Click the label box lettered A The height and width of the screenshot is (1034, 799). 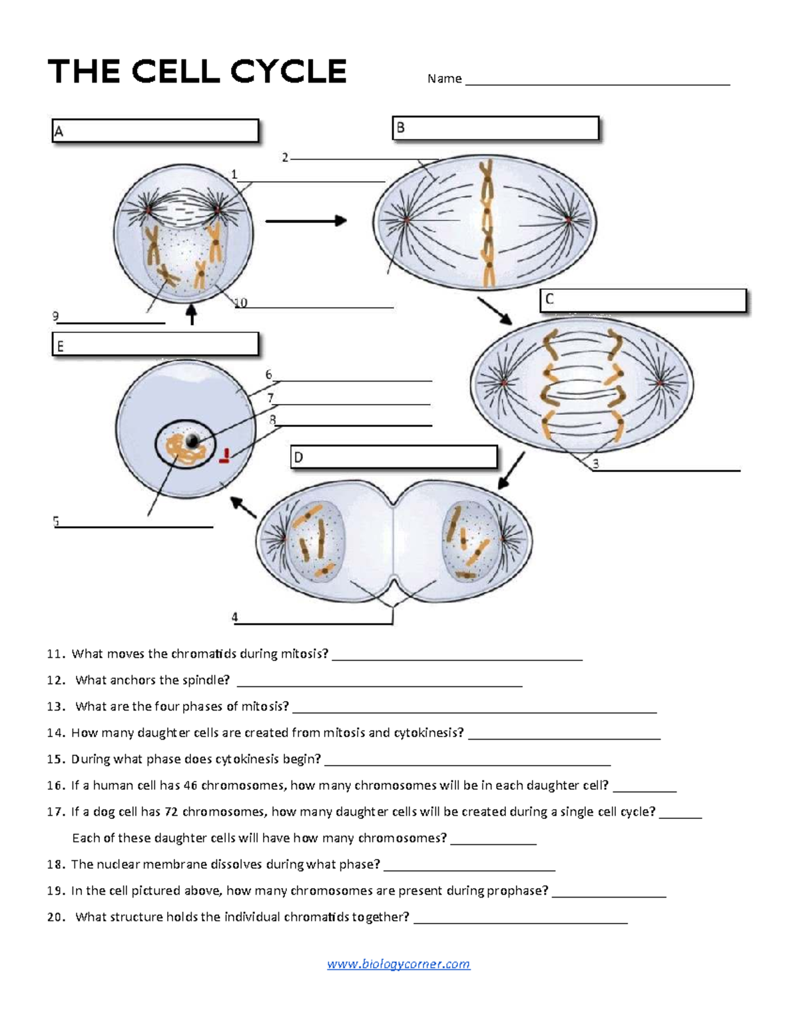pos(155,131)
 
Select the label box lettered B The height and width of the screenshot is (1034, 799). pos(495,128)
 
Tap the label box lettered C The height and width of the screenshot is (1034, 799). pos(643,300)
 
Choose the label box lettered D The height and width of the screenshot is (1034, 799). pos(394,457)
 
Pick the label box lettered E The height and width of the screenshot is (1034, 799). pos(155,345)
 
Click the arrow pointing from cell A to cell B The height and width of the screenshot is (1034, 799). pos(306,220)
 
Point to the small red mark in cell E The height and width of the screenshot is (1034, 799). pos(225,456)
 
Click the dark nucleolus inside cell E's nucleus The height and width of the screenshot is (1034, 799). pos(193,440)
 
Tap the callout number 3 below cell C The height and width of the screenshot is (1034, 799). pos(596,464)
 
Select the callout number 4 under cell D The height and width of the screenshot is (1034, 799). pos(234,617)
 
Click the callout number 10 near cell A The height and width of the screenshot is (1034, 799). pos(240,303)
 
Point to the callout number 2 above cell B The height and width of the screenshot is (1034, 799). pos(285,158)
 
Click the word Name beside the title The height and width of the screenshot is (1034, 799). pos(444,79)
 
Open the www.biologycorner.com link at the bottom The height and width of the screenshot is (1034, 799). pos(398,964)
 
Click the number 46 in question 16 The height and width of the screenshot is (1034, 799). pos(190,786)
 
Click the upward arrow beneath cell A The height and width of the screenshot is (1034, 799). pos(192,314)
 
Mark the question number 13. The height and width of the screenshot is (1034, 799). pos(56,706)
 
